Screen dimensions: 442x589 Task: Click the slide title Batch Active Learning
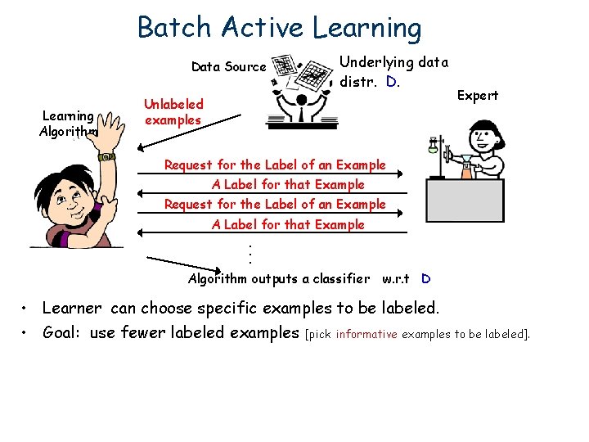click(x=279, y=27)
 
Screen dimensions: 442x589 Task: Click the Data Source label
click(x=228, y=67)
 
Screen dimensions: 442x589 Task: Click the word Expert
click(x=477, y=96)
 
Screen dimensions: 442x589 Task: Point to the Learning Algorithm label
click(x=69, y=123)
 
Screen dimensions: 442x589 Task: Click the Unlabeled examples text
click(x=173, y=112)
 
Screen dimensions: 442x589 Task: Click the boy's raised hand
click(x=106, y=139)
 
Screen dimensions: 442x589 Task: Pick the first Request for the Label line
click(x=275, y=165)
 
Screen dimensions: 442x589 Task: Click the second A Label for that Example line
click(x=288, y=224)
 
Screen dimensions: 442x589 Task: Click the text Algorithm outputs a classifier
click(x=278, y=278)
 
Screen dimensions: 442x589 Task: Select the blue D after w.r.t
click(x=425, y=278)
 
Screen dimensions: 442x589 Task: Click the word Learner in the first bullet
click(x=72, y=309)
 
